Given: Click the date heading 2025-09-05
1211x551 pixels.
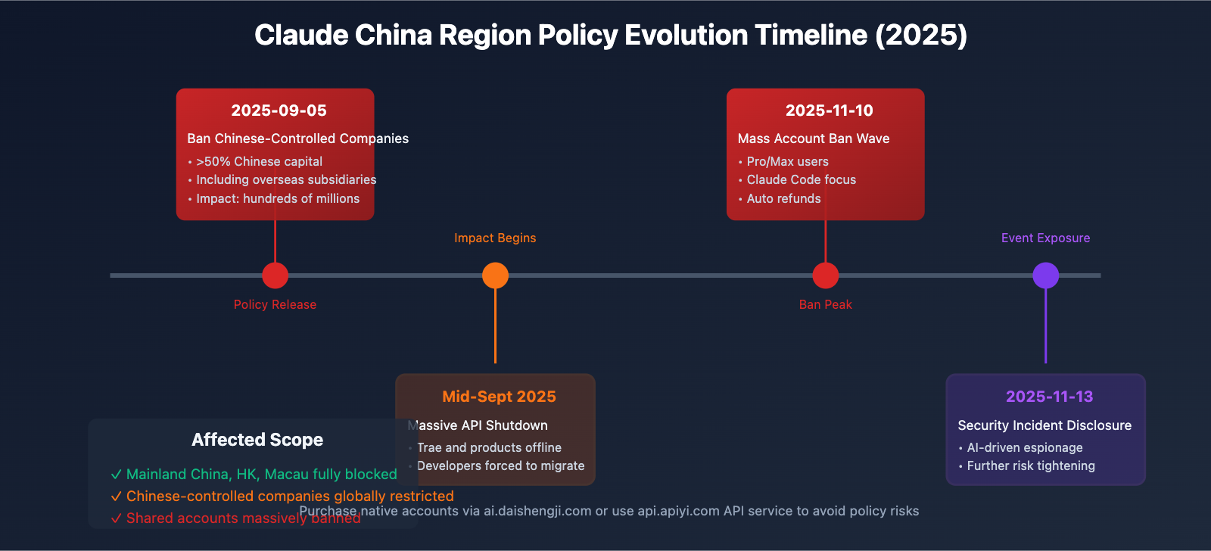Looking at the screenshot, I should pyautogui.click(x=279, y=111).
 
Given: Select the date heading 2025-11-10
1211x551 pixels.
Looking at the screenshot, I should pyautogui.click(x=829, y=111).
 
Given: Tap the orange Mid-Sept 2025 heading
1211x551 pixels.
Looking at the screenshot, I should pyautogui.click(x=499, y=397).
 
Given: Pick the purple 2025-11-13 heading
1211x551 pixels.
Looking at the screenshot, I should pyautogui.click(x=1049, y=397).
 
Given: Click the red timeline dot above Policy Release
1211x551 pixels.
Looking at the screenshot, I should pyautogui.click(x=275, y=275).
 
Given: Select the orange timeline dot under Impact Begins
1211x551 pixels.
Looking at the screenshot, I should pyautogui.click(x=495, y=275).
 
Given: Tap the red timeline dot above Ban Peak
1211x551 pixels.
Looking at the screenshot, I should pyautogui.click(x=825, y=275).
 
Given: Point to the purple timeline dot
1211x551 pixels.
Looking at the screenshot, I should pyautogui.click(x=1045, y=275).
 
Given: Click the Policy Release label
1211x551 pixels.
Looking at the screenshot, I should pyautogui.click(x=275, y=304).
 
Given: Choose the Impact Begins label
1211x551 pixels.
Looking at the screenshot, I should pyautogui.click(x=495, y=238).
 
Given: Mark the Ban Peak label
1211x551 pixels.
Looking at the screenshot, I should pyautogui.click(x=825, y=304).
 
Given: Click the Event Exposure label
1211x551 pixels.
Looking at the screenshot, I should pyautogui.click(x=1045, y=238).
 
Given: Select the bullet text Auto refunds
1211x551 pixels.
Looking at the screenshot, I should pyautogui.click(x=783, y=198).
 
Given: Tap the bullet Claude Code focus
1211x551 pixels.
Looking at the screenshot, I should pyautogui.click(x=801, y=179).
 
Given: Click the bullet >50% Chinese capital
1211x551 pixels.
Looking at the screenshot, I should pyautogui.click(x=259, y=161).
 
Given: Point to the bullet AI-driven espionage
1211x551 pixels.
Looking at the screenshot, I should pyautogui.click(x=1024, y=447).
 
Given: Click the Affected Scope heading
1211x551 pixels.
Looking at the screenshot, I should pyautogui.click(x=257, y=440).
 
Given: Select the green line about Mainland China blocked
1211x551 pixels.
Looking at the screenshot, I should pyautogui.click(x=261, y=475).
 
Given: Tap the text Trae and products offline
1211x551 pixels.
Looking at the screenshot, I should pyautogui.click(x=489, y=447).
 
